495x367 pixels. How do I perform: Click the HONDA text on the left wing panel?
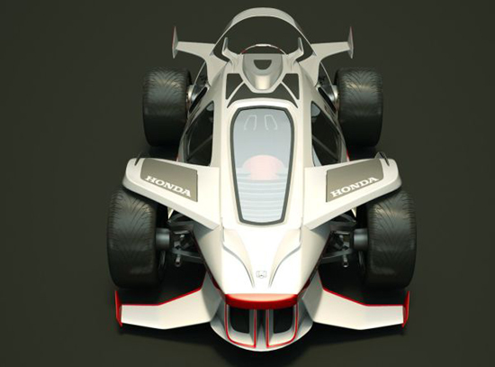[168, 187]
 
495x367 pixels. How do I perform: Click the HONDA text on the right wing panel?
[355, 187]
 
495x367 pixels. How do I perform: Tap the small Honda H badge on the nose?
[261, 274]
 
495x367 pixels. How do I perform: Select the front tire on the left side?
[133, 237]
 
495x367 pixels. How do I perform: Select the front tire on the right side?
[391, 237]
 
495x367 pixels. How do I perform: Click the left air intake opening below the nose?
[240, 320]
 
